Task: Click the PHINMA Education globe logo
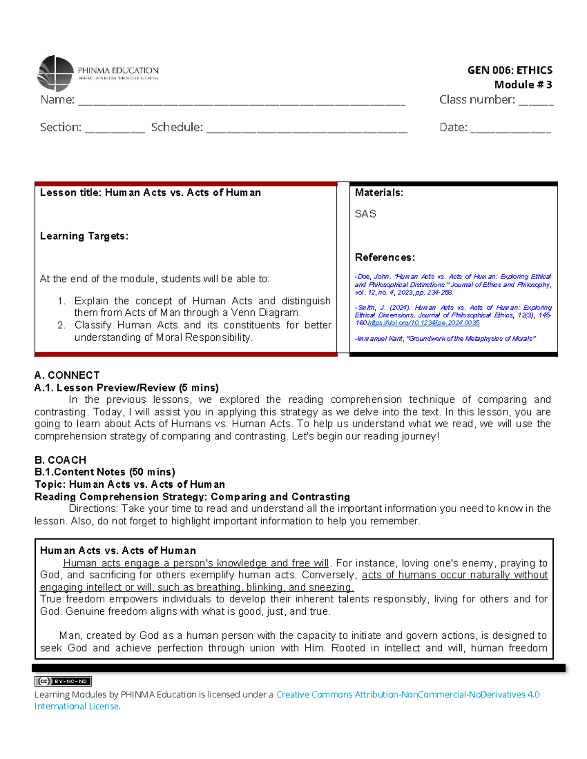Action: [x=55, y=73]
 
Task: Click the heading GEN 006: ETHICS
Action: [x=510, y=70]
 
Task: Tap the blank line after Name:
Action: [x=242, y=103]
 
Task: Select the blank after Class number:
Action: [x=536, y=103]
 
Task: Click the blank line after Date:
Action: [x=510, y=130]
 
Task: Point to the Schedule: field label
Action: [x=177, y=128]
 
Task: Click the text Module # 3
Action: [x=523, y=85]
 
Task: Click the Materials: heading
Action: [x=379, y=193]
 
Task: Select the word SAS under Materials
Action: [x=365, y=214]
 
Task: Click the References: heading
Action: [x=384, y=258]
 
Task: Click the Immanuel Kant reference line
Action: [x=445, y=339]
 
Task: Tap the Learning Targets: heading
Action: [x=84, y=236]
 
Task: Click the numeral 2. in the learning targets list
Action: [x=61, y=325]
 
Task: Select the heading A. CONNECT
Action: [x=67, y=375]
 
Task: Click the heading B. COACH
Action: [x=60, y=460]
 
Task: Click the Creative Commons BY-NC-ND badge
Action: [x=63, y=681]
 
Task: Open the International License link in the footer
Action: [x=76, y=706]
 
